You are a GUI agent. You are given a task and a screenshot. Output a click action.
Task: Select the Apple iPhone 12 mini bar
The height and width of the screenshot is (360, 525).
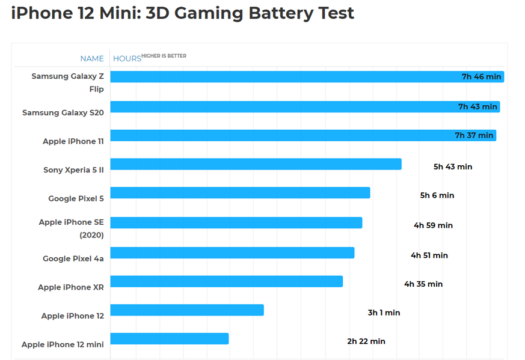(169, 339)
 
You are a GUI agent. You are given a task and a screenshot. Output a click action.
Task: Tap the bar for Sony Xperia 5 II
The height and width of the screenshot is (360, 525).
(256, 164)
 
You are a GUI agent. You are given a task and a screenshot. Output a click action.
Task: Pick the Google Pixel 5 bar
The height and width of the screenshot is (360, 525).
(240, 193)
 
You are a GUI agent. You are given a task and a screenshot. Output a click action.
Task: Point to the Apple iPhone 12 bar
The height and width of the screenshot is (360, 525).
(187, 310)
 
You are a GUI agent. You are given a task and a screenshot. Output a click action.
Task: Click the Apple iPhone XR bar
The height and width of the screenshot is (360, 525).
(226, 281)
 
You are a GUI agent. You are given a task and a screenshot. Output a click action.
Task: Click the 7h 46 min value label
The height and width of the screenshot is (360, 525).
(481, 77)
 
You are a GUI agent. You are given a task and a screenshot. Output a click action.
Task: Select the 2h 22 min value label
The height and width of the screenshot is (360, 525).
(366, 341)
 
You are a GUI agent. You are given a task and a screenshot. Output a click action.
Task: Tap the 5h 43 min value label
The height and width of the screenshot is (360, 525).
(453, 166)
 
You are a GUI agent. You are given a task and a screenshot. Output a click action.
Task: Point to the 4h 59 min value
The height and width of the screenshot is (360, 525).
(433, 225)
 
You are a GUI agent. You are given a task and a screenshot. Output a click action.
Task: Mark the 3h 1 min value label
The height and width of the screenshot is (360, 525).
(384, 313)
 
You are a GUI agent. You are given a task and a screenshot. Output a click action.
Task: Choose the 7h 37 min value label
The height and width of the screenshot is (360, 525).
(474, 136)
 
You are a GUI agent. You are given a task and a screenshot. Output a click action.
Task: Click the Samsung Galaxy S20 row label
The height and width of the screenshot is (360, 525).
(63, 112)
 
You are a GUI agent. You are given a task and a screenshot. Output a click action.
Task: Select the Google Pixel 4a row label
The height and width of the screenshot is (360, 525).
(73, 258)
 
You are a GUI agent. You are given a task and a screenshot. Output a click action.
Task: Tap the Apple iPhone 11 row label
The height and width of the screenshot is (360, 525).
(73, 141)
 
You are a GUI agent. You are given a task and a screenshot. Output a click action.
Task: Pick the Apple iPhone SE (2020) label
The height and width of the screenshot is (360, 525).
(71, 228)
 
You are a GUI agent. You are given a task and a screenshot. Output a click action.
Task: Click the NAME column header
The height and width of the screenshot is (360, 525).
(92, 58)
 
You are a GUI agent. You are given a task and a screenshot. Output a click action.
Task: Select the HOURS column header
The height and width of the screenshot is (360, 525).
(127, 58)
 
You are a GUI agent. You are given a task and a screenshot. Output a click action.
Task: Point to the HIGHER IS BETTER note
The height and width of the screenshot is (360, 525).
(164, 56)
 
